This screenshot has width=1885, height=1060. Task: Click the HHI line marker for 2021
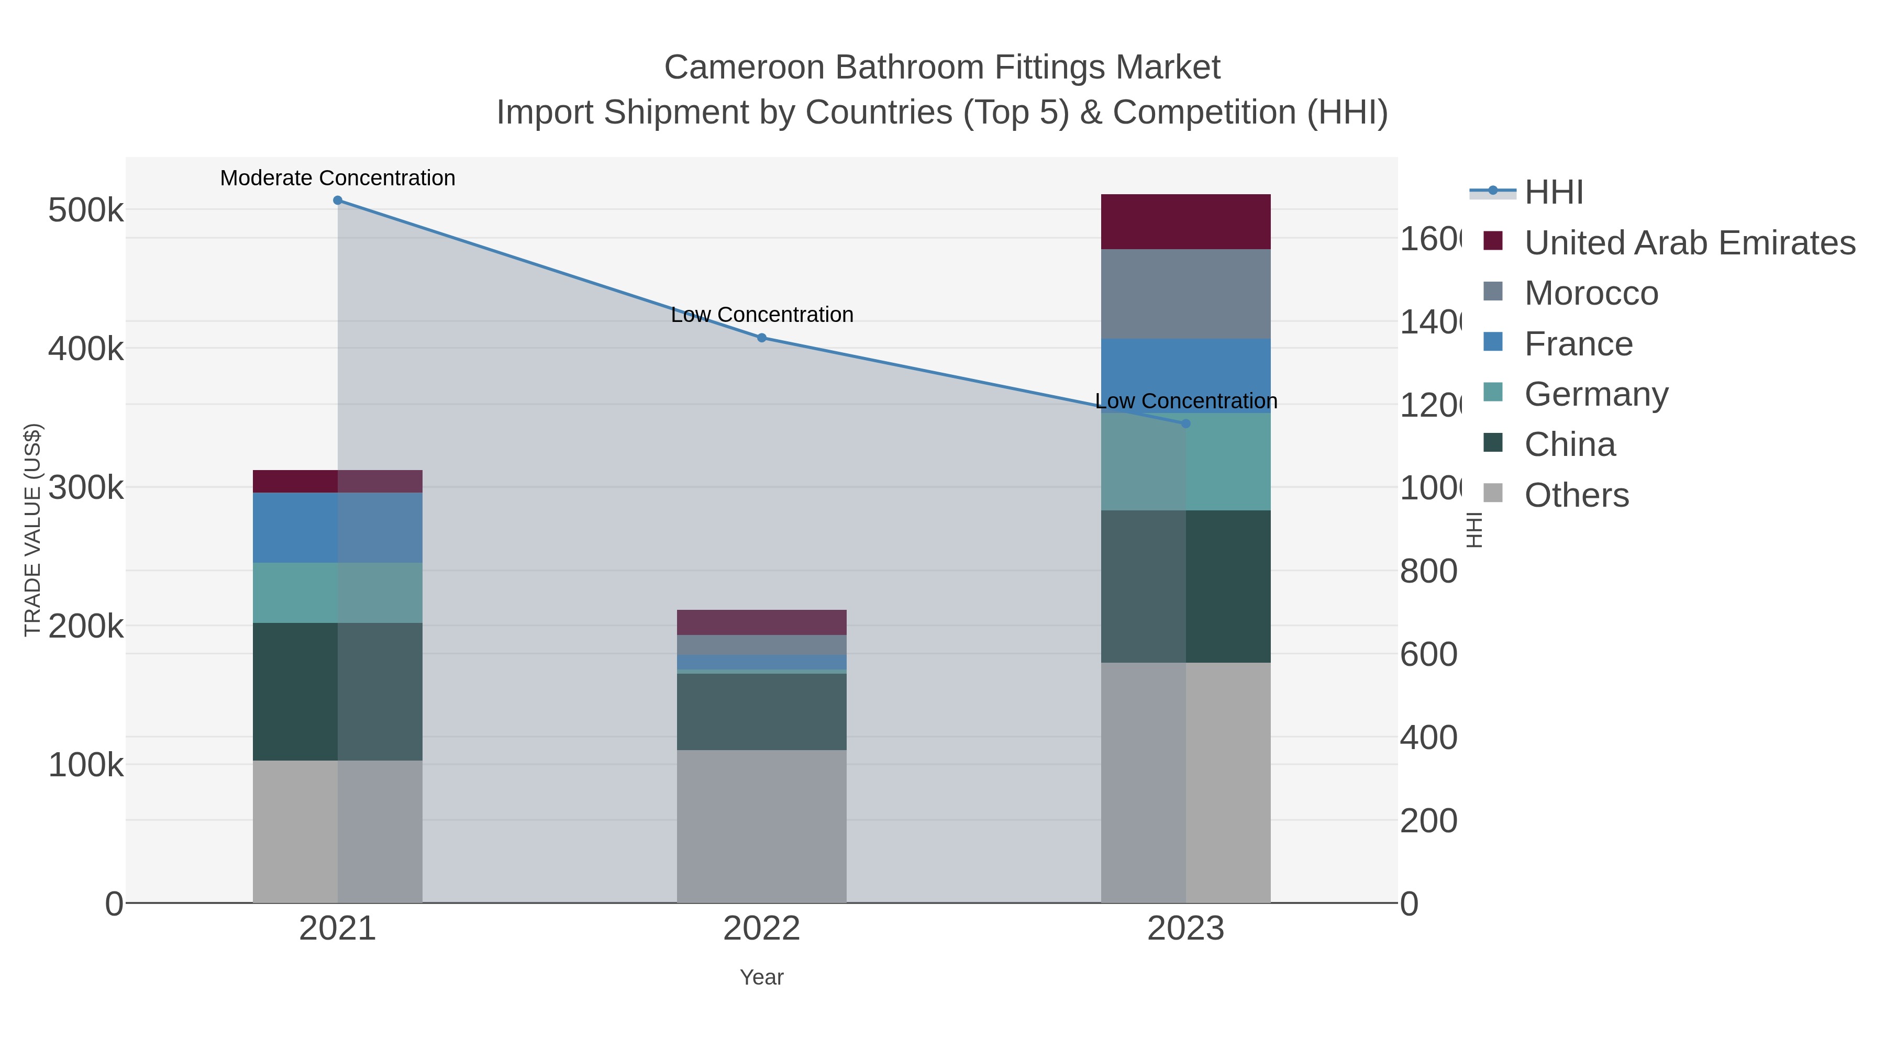click(x=337, y=200)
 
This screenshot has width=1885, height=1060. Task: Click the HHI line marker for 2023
click(x=1186, y=423)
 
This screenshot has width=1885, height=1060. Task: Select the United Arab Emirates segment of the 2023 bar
click(x=1185, y=221)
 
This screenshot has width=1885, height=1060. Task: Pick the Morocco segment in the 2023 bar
click(x=1185, y=294)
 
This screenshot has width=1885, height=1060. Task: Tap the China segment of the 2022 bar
click(x=762, y=711)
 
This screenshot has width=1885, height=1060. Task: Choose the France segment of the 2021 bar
click(x=337, y=528)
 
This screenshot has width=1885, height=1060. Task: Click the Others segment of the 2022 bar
click(x=762, y=826)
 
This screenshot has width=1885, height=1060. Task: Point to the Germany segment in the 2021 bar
click(x=337, y=593)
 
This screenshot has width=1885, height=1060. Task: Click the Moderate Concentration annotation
click(x=337, y=178)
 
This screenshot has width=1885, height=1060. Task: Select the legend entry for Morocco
click(x=1591, y=293)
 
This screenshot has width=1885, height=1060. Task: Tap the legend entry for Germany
click(x=1596, y=394)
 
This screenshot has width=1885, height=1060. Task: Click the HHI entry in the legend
click(x=1554, y=193)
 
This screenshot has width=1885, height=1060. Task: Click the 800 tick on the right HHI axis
click(x=1428, y=571)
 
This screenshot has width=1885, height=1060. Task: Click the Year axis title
click(x=762, y=977)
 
